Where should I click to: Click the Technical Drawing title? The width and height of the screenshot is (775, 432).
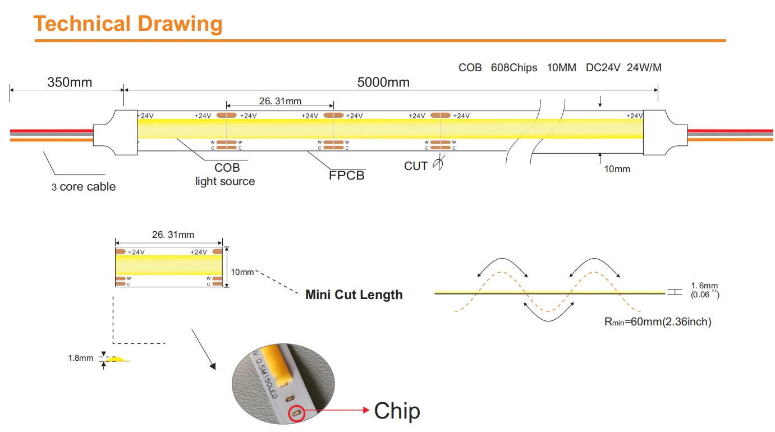coord(128,24)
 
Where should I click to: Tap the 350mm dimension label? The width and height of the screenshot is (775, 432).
coord(70,82)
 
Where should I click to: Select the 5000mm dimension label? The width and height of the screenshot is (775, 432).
coord(383,82)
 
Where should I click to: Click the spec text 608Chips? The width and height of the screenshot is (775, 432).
coord(515,68)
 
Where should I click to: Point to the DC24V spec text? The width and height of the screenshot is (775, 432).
coord(603,68)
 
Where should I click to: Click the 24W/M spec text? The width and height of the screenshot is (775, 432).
coord(644,68)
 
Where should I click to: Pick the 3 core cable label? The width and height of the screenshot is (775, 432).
coord(84,187)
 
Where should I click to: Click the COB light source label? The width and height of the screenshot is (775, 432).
coord(226,174)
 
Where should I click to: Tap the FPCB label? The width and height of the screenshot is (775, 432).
coord(346,176)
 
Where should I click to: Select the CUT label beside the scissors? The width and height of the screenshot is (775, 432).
coord(416,166)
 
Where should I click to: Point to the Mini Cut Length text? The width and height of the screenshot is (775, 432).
coord(354,295)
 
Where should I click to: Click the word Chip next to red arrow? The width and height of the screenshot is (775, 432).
coord(397,411)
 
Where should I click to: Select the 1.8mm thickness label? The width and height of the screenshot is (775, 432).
coord(80,358)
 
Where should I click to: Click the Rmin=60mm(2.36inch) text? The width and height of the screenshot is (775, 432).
coord(657,322)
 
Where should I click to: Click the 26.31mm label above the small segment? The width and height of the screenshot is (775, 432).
coord(173,235)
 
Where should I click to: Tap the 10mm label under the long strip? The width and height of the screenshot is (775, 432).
coord(617,169)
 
